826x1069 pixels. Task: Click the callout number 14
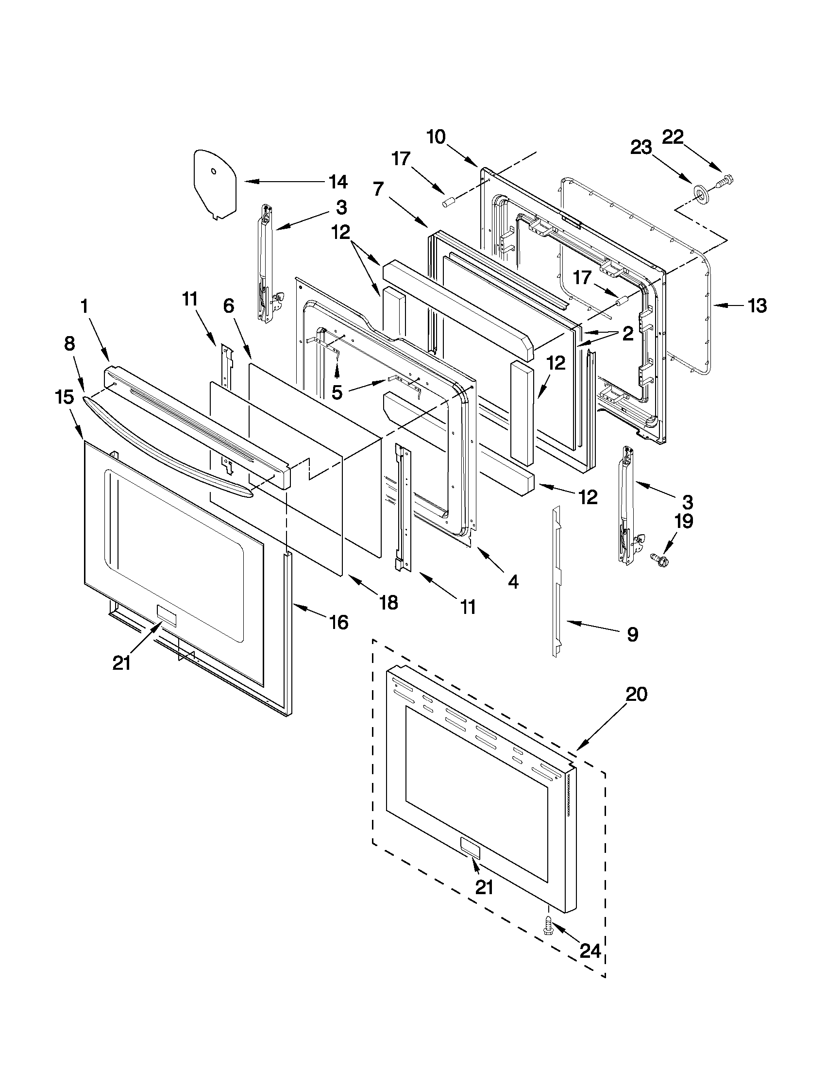point(338,182)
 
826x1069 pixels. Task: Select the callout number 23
point(641,147)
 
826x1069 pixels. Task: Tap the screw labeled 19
point(657,557)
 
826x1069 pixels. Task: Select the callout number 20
point(637,694)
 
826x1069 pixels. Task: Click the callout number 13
point(757,306)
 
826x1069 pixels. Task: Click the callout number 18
point(388,603)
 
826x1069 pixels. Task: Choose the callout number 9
point(632,635)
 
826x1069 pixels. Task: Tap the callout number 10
point(436,137)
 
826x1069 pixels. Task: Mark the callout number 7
point(378,188)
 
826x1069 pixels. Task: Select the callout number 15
point(65,396)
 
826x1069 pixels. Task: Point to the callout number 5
point(337,392)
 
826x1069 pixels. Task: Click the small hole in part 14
point(213,171)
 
